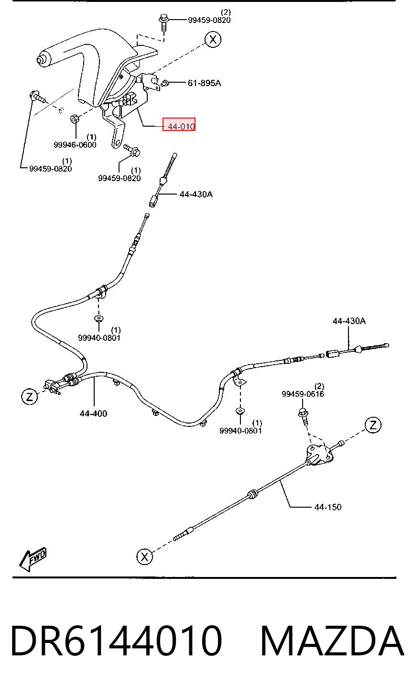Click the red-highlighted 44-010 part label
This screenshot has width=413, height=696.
pos(179,124)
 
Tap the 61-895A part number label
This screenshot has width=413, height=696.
pos(204,83)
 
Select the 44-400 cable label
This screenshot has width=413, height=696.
pos(93,413)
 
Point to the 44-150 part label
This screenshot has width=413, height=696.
pos(328,507)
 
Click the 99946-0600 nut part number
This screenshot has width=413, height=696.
pos(75,145)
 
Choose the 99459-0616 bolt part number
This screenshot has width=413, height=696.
pos(303,394)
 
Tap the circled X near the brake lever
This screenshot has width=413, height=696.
pos(213,40)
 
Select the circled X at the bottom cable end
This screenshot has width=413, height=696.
pos(144,556)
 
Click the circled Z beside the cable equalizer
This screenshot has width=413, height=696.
pos(30,396)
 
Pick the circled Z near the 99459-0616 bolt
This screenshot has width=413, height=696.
pos(373,425)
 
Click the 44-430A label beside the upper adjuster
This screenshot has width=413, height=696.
pos(196,194)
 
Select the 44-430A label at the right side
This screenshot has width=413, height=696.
pos(349,321)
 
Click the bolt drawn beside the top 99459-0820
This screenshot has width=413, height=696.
pos(163,22)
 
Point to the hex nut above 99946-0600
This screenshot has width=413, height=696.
pos(75,119)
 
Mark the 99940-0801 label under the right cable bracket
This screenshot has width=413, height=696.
pos(240,431)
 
